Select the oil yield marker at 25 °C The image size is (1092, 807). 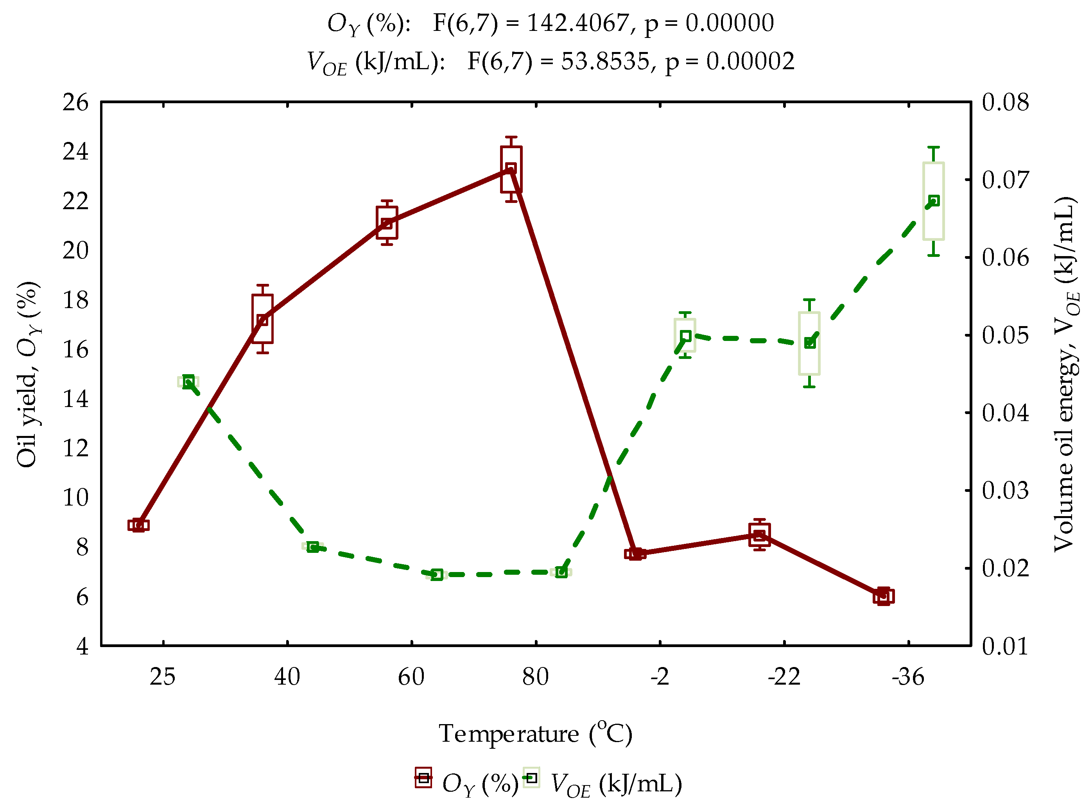(x=138, y=525)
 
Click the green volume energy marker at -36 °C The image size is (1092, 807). (x=934, y=201)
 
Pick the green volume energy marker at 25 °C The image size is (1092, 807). (x=188, y=382)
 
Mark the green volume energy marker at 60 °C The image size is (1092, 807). (x=437, y=574)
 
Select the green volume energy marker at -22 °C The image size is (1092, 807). (x=810, y=343)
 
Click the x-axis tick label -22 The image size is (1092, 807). (x=784, y=678)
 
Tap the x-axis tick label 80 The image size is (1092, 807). (x=535, y=678)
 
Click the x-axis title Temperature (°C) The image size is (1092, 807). (x=535, y=734)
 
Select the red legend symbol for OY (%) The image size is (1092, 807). (x=423, y=778)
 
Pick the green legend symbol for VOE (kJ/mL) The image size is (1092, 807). (x=531, y=778)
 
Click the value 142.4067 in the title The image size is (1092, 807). (x=578, y=23)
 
